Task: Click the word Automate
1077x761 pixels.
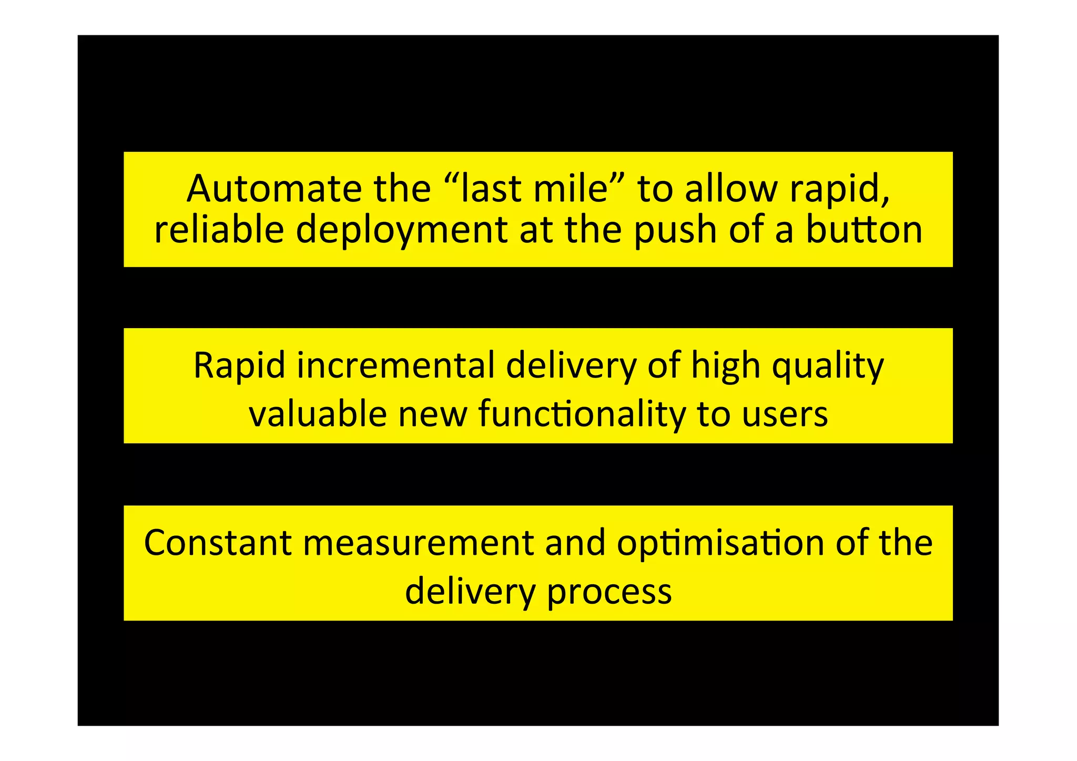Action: (274, 189)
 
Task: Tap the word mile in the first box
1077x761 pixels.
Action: (576, 189)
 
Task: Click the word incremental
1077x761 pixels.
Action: (395, 366)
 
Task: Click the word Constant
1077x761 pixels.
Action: (218, 543)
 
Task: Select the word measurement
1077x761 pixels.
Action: (419, 543)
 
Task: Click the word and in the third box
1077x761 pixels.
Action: (575, 543)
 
